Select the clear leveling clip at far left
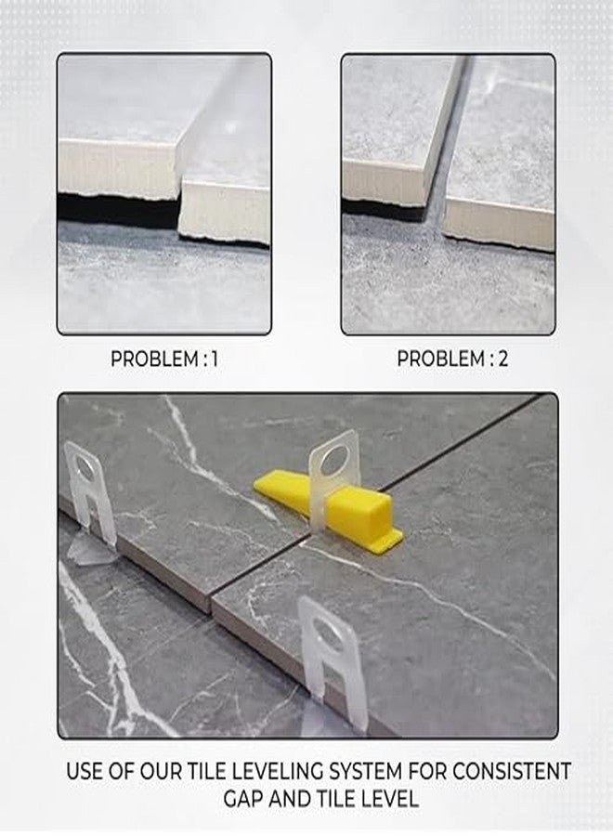coord(88,492)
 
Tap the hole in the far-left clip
coord(85,464)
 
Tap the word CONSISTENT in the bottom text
coord(506,771)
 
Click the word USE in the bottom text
coord(85,771)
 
